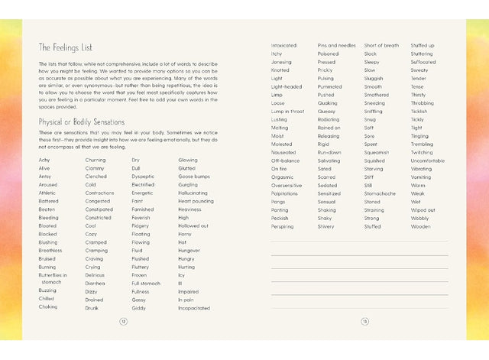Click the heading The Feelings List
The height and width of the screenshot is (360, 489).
pyautogui.click(x=67, y=47)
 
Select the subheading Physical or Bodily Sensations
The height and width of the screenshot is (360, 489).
pyautogui.click(x=81, y=122)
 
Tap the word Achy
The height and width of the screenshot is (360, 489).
pyautogui.click(x=44, y=160)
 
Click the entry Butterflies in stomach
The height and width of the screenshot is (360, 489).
pyautogui.click(x=52, y=277)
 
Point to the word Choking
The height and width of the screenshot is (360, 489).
pyautogui.click(x=47, y=306)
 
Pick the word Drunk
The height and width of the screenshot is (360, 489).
pyautogui.click(x=92, y=307)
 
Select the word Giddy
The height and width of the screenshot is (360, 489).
pyautogui.click(x=138, y=307)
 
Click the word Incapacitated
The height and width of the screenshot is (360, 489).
pyautogui.click(x=193, y=307)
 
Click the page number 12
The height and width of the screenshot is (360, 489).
pyautogui.click(x=123, y=321)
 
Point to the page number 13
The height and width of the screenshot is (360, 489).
pyautogui.click(x=365, y=321)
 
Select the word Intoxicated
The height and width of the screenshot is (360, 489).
pyautogui.click(x=283, y=45)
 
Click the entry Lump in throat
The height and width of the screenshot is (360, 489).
pyautogui.click(x=287, y=111)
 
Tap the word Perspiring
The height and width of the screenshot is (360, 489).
pyautogui.click(x=281, y=226)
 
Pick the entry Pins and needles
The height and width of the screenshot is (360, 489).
pyautogui.click(x=336, y=45)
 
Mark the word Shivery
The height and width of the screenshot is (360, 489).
pyautogui.click(x=325, y=226)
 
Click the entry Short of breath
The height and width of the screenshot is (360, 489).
pyautogui.click(x=381, y=45)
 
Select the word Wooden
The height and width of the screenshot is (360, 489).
pyautogui.click(x=420, y=226)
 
